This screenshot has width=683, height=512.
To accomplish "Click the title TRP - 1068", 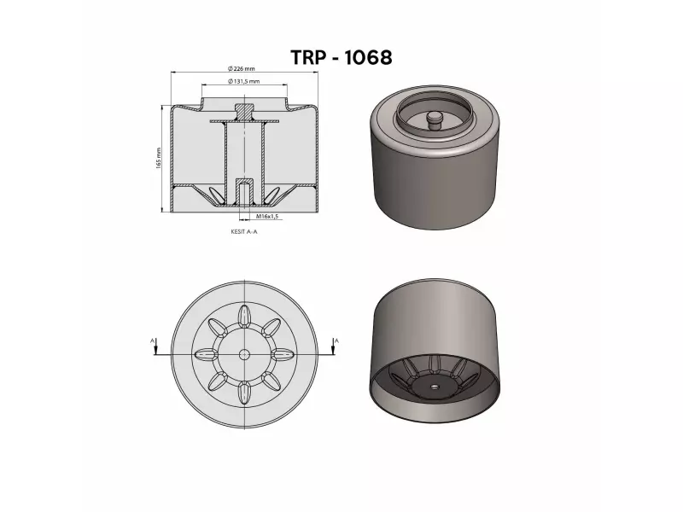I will (341, 57).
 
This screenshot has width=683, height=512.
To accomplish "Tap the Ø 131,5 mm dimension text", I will (244, 80).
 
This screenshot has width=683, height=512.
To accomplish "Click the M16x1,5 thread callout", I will (267, 217).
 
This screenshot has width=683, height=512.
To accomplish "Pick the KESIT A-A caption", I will (243, 230).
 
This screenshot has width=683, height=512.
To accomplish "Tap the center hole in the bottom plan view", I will (244, 354).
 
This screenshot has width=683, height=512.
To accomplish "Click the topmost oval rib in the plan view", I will (244, 316).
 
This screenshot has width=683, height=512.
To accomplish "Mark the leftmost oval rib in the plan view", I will (206, 354).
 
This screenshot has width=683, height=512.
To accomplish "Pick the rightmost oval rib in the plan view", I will (283, 354).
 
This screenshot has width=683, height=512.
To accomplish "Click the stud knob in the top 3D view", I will (433, 118).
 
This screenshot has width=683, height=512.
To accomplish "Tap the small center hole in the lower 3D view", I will (434, 387).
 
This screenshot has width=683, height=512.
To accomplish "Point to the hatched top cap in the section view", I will (244, 111).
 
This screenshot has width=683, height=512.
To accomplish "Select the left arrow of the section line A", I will (153, 351).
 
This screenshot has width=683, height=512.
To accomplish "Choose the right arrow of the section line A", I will (336, 351).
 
